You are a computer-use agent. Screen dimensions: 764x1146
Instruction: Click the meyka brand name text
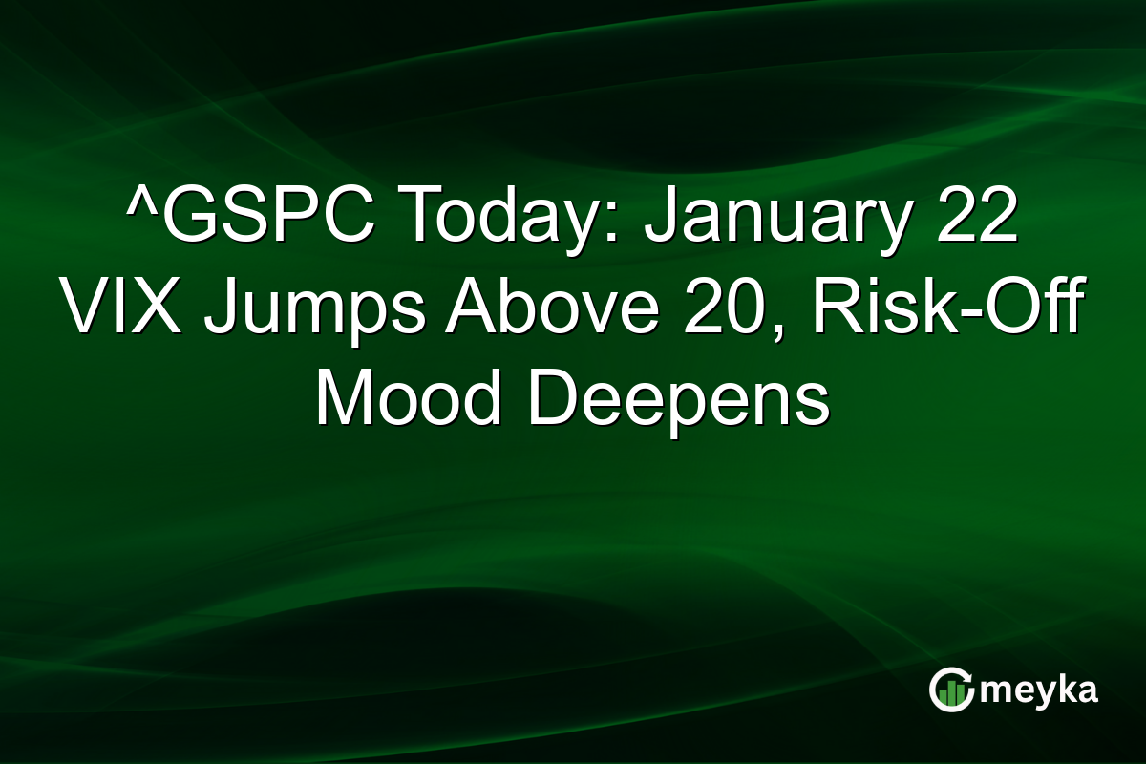point(1040,690)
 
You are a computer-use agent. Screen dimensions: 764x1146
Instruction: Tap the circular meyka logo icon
point(952,690)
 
